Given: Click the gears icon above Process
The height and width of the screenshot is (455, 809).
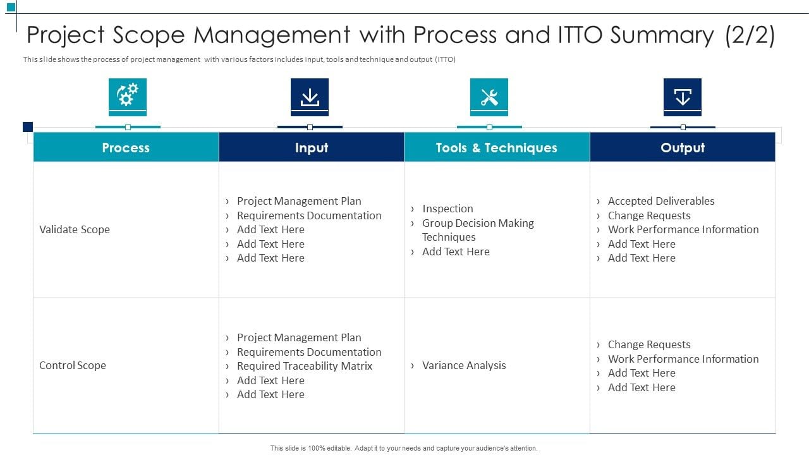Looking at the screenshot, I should click(x=128, y=97).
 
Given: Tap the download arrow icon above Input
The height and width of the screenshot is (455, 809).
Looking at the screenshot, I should click(x=310, y=97).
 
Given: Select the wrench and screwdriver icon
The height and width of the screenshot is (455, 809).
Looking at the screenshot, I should click(x=489, y=97).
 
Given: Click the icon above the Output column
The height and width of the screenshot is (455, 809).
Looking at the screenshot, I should click(x=683, y=97).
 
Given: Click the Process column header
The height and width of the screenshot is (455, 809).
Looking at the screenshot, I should click(x=126, y=147).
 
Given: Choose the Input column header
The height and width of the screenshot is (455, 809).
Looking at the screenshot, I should click(x=312, y=147).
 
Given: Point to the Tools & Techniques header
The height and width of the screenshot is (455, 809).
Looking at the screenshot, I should click(x=496, y=147).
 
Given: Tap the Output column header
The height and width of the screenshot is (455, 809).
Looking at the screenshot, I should click(x=683, y=147).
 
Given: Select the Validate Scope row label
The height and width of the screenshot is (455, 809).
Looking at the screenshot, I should click(x=75, y=229).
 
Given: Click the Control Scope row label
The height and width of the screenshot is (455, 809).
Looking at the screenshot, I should click(x=73, y=365).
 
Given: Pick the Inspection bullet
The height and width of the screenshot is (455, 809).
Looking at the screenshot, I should click(x=447, y=209).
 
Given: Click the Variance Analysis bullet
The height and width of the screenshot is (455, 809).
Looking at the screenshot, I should click(x=464, y=365).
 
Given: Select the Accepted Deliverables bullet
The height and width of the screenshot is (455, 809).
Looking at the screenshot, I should click(x=661, y=201).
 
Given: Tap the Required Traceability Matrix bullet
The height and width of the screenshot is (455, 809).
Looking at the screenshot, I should click(x=305, y=366).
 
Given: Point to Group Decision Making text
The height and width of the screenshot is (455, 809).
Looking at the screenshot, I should click(x=478, y=223).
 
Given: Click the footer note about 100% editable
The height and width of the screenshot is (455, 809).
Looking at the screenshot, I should click(x=404, y=448).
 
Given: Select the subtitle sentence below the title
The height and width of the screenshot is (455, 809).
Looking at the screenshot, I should click(x=240, y=59).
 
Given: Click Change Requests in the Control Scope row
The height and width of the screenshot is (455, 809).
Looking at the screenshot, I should click(x=649, y=344).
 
